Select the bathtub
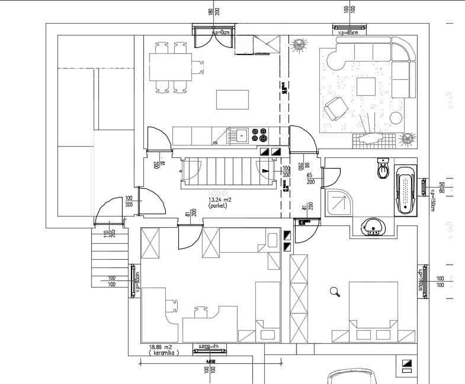click(x=405, y=191)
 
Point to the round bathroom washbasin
click(x=374, y=226)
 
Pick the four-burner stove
click(x=260, y=135)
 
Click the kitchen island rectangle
click(x=232, y=99)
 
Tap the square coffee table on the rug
click(x=366, y=87)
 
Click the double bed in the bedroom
click(x=373, y=311)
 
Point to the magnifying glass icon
click(x=335, y=291)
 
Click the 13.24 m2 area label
click(x=220, y=200)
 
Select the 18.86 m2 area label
click(x=159, y=347)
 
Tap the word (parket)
click(x=219, y=205)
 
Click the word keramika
click(x=160, y=353)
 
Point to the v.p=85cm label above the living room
click(x=349, y=33)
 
